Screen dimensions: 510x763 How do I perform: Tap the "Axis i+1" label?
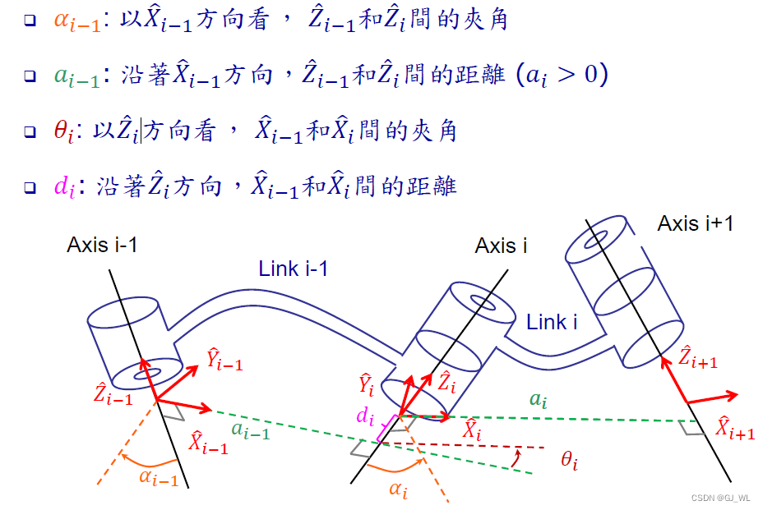tap(695, 223)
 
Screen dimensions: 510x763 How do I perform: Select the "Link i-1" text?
tap(294, 268)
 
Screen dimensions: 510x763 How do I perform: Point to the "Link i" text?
tap(552, 323)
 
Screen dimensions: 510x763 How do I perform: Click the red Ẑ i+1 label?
tap(697, 358)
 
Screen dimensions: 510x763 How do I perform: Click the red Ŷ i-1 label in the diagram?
tap(224, 359)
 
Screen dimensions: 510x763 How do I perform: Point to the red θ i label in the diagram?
tap(569, 462)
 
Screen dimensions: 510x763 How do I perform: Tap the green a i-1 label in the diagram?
tap(250, 430)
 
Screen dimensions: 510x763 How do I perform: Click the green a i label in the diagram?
tap(538, 400)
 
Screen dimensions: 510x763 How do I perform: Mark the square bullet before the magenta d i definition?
tap(30, 188)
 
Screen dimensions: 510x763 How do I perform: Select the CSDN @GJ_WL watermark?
tap(719, 499)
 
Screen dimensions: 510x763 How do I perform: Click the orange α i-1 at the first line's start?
tap(76, 21)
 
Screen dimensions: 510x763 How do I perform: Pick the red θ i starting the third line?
tap(62, 132)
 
